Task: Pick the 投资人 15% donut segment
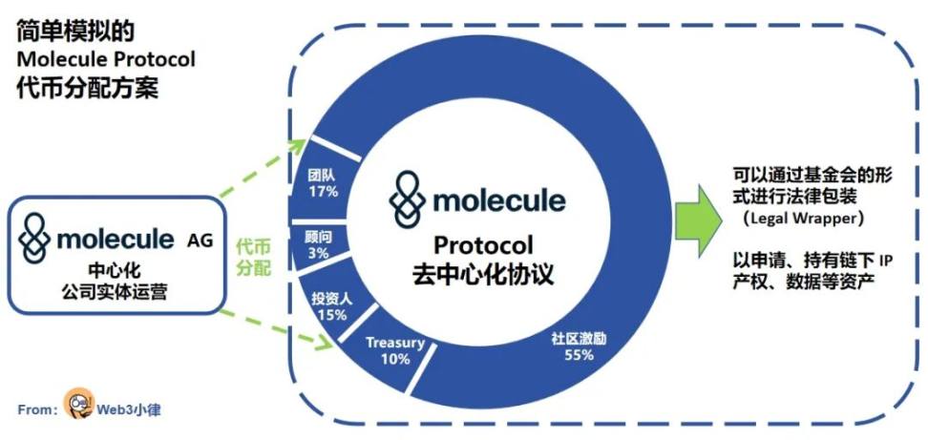click(x=333, y=304)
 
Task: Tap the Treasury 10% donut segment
click(x=388, y=352)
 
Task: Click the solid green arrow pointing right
click(x=698, y=220)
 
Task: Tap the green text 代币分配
click(x=253, y=257)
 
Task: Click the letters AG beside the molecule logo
click(x=200, y=241)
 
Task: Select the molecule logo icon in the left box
click(x=34, y=237)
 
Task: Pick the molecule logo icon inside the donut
click(x=407, y=199)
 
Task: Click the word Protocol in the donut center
click(x=483, y=245)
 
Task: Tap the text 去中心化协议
click(x=483, y=275)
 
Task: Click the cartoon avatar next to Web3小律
click(x=79, y=403)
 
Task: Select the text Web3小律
click(x=129, y=409)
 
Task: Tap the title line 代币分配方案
click(x=87, y=88)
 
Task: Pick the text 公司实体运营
click(x=115, y=291)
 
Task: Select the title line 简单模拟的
click(x=75, y=31)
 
